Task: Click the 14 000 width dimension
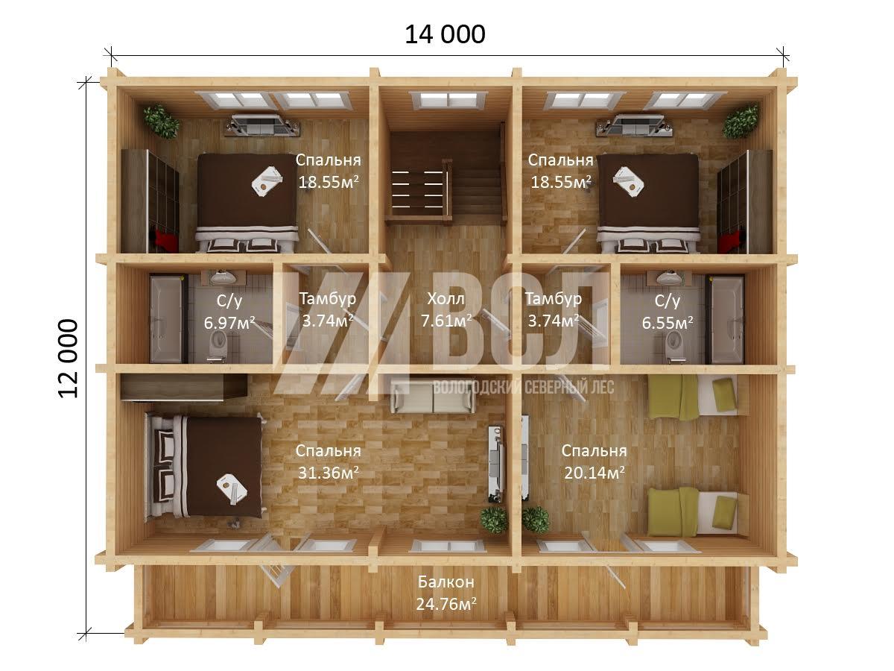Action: coord(445,34)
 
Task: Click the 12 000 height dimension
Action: coord(68,359)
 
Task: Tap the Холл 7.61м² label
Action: coord(446,310)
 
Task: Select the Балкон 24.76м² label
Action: coord(446,593)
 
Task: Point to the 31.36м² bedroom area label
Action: coord(329,473)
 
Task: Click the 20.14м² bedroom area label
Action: coord(595,473)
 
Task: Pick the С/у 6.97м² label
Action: coord(229,312)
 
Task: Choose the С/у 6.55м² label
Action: coord(667,312)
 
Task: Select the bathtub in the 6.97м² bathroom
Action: coord(166,319)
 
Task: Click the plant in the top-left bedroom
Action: coord(161,122)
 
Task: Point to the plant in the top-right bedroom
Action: coord(741,122)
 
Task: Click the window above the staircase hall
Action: coord(448,100)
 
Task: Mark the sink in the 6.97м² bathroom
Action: coord(223,277)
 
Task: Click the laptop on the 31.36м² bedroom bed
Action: coord(232,488)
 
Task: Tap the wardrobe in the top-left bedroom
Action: coord(150,201)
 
